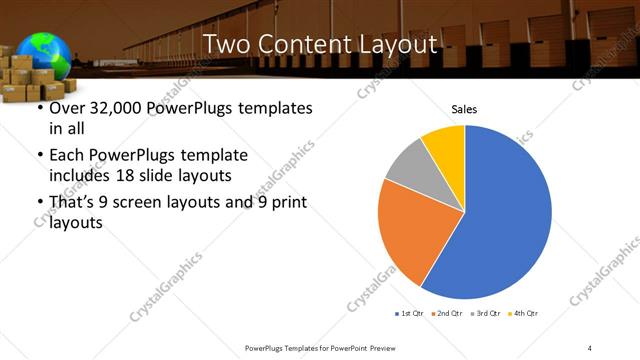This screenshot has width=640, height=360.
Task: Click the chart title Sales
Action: [x=464, y=108]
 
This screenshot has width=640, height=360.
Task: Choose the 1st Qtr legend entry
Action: [x=410, y=313]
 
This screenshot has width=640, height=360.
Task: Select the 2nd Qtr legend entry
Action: [x=446, y=313]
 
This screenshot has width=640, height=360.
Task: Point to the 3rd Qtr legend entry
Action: [x=484, y=313]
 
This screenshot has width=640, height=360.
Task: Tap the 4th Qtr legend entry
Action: [x=522, y=313]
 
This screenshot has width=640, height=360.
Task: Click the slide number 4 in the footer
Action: [x=590, y=347]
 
